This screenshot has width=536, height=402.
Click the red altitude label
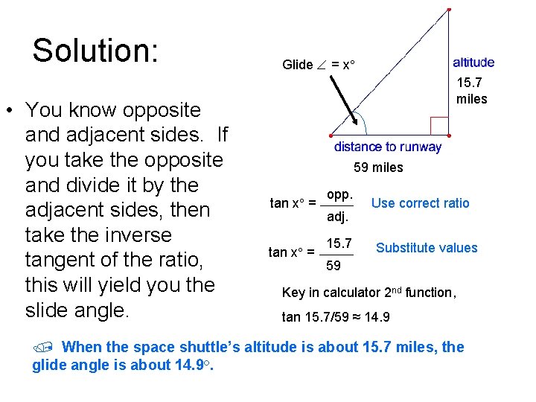[x=473, y=63]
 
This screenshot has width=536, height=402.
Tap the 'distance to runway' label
[x=387, y=147]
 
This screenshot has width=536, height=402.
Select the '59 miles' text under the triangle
[x=378, y=167]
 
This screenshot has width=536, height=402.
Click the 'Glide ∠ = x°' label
[x=319, y=65]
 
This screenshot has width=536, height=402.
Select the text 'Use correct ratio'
[x=420, y=202]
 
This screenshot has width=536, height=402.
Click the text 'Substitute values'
[x=427, y=248]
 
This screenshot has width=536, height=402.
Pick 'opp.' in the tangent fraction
[x=339, y=194]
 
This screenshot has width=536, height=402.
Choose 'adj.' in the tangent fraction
[x=339, y=218]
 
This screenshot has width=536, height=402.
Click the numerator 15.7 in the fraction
[x=339, y=243]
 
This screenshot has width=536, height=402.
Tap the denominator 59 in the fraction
[x=334, y=266]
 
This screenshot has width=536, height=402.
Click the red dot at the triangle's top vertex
[x=448, y=10]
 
